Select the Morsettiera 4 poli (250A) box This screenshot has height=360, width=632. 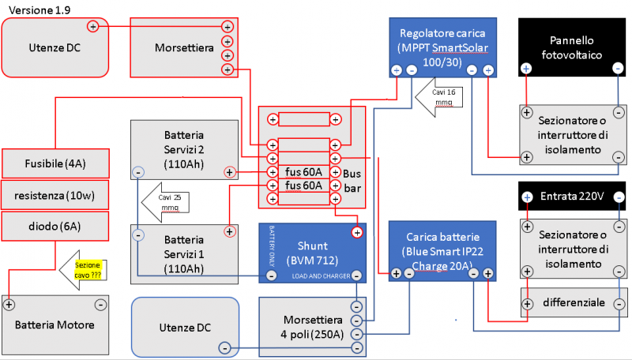313,326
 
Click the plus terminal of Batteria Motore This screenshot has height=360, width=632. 9,304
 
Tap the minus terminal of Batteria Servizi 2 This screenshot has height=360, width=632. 137,171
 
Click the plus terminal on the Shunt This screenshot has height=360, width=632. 357,232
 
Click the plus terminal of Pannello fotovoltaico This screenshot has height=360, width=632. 526,69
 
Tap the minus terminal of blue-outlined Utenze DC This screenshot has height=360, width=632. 224,348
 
